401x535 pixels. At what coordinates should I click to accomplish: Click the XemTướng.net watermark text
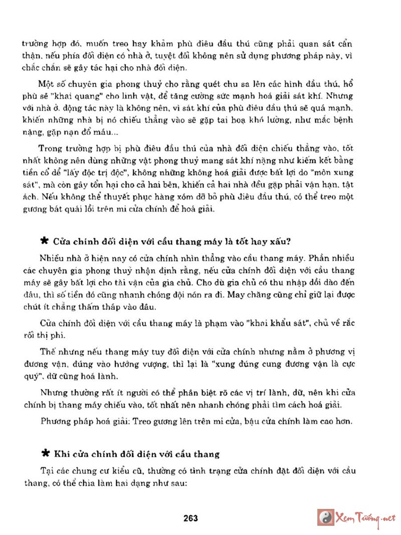point(365,517)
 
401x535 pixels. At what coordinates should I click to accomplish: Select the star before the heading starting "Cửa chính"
point(45,241)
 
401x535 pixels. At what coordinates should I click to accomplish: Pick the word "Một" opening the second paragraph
point(46,83)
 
